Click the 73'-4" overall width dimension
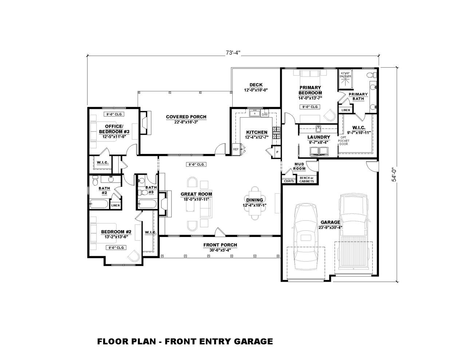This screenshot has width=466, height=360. (x=233, y=53)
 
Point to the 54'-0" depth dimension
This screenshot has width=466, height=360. (x=394, y=174)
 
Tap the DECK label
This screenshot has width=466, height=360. (x=256, y=85)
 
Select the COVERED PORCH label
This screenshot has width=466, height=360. (x=186, y=117)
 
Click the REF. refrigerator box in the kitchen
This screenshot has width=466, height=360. (x=236, y=149)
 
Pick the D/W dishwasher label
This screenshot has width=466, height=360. (x=265, y=115)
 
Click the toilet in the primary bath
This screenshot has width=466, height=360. (x=370, y=76)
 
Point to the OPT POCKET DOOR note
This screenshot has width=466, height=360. (x=343, y=141)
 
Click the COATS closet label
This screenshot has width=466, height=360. (x=289, y=181)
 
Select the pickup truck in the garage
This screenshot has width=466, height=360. (x=354, y=233)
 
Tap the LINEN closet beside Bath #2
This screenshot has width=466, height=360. (x=115, y=205)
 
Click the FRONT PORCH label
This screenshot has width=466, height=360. (x=220, y=245)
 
